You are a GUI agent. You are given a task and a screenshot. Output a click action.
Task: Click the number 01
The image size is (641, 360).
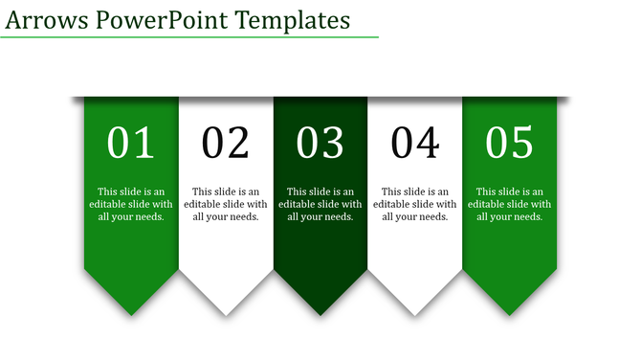(x=131, y=144)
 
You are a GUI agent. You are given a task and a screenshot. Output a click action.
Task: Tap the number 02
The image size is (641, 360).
(x=226, y=144)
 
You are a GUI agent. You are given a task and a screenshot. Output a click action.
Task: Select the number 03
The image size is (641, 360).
(x=320, y=144)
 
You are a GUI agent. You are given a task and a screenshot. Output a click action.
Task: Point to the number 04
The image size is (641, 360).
(x=415, y=144)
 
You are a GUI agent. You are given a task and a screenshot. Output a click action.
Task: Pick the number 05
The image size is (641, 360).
(x=509, y=144)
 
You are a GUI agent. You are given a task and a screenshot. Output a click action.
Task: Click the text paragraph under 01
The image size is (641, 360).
(x=131, y=204)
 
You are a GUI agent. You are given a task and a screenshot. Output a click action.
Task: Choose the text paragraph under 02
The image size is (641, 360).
(x=226, y=204)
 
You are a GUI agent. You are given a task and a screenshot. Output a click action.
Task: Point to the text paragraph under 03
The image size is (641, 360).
(x=320, y=204)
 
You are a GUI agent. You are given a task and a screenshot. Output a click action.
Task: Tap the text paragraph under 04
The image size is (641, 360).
(x=415, y=204)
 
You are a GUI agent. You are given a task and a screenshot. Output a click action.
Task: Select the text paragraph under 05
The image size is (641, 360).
(x=509, y=204)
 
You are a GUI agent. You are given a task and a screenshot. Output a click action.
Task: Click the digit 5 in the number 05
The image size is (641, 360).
(x=522, y=144)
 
